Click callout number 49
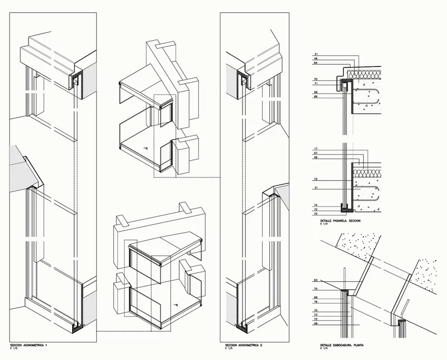coord(316,58)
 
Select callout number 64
coord(316,63)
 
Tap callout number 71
coord(316,84)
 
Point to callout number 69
coord(316,92)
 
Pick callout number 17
coord(316,148)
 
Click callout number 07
coord(316,153)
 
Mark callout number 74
coord(316,205)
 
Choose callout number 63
coord(316,280)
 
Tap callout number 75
coord(316,289)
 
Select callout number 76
coord(316,302)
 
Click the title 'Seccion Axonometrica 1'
coord(28,346)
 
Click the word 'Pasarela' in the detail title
coord(339,222)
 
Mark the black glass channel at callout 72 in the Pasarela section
coord(345,209)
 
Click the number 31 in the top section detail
coord(316,53)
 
